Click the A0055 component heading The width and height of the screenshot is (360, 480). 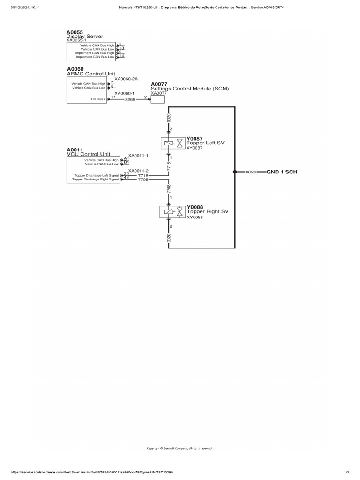pyautogui.click(x=75, y=32)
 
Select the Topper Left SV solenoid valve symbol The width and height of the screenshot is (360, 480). pyautogui.click(x=173, y=143)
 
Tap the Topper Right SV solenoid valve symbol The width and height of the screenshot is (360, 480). pyautogui.click(x=172, y=212)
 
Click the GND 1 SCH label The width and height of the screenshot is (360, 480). pyautogui.click(x=282, y=172)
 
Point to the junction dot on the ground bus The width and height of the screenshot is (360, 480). pyautogui.click(x=235, y=172)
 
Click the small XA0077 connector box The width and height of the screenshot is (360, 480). pyautogui.click(x=157, y=99)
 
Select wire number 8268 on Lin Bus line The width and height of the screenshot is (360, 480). pyautogui.click(x=130, y=99)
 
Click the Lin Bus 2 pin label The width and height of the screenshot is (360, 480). pyautogui.click(x=98, y=99)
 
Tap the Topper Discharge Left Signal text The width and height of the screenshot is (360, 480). pyautogui.click(x=97, y=175)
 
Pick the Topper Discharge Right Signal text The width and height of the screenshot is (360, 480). pyautogui.click(x=96, y=180)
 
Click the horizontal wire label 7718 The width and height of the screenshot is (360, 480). pyautogui.click(x=143, y=176)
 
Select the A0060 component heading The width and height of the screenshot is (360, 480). pyautogui.click(x=75, y=69)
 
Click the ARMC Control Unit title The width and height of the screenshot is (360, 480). pyautogui.click(x=91, y=74)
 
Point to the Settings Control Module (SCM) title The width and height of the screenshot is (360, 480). pyautogui.click(x=190, y=89)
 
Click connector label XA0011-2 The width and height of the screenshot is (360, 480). pyautogui.click(x=138, y=171)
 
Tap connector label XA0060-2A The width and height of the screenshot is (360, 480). pyautogui.click(x=126, y=79)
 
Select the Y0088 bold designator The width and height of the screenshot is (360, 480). pyautogui.click(x=195, y=207)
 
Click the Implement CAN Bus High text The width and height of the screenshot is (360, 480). pyautogui.click(x=95, y=53)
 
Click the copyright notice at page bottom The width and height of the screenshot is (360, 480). pyautogui.click(x=180, y=448)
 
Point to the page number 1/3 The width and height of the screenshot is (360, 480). pyautogui.click(x=346, y=472)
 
